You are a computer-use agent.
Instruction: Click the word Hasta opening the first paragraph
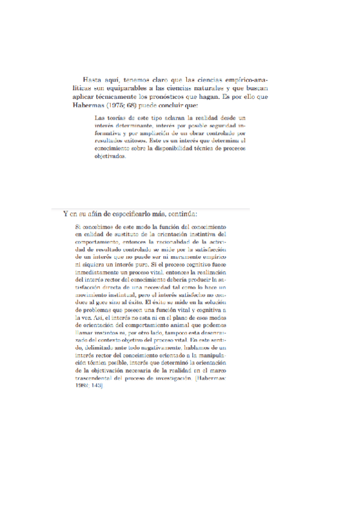93,79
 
